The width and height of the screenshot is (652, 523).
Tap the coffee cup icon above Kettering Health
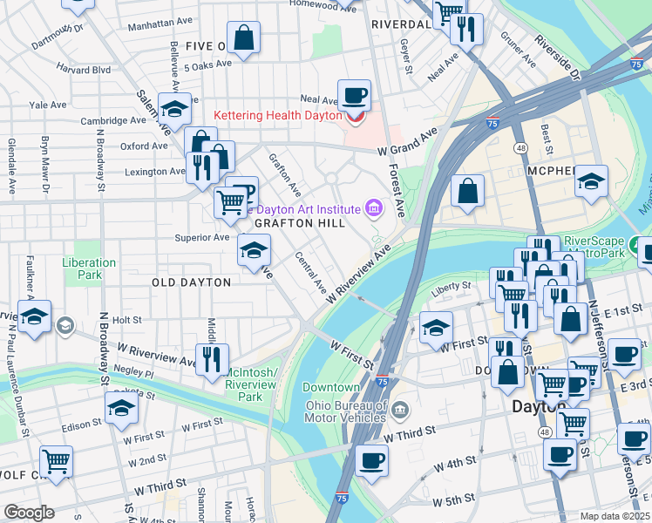coord(354,95)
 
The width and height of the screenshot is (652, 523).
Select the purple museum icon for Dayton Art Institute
coord(374,207)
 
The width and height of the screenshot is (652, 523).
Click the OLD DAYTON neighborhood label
coord(191,282)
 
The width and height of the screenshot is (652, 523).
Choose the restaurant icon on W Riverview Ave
coord(212,358)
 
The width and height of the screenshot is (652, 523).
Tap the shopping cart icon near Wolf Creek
coord(57,461)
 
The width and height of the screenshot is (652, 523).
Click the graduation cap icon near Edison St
coord(121,406)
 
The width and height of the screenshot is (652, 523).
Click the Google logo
coord(29,512)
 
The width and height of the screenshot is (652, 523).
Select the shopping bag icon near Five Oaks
coord(244,37)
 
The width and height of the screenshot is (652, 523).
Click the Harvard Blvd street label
coord(84,69)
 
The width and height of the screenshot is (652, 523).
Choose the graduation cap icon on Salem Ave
coord(174,109)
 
